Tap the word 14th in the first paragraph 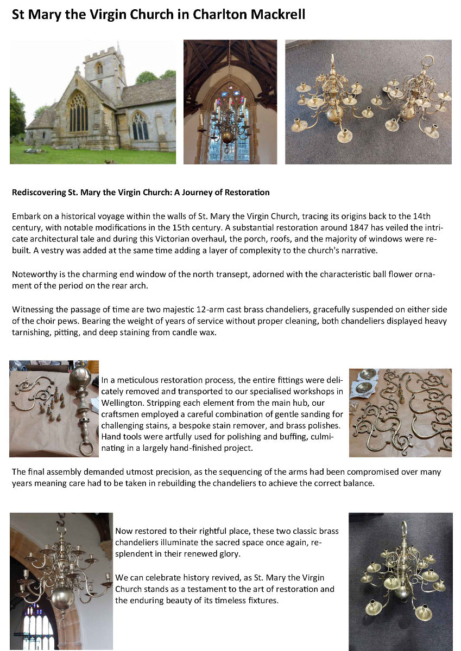[421, 215]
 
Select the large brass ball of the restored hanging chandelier [62, 597]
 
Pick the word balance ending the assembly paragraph [358, 483]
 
